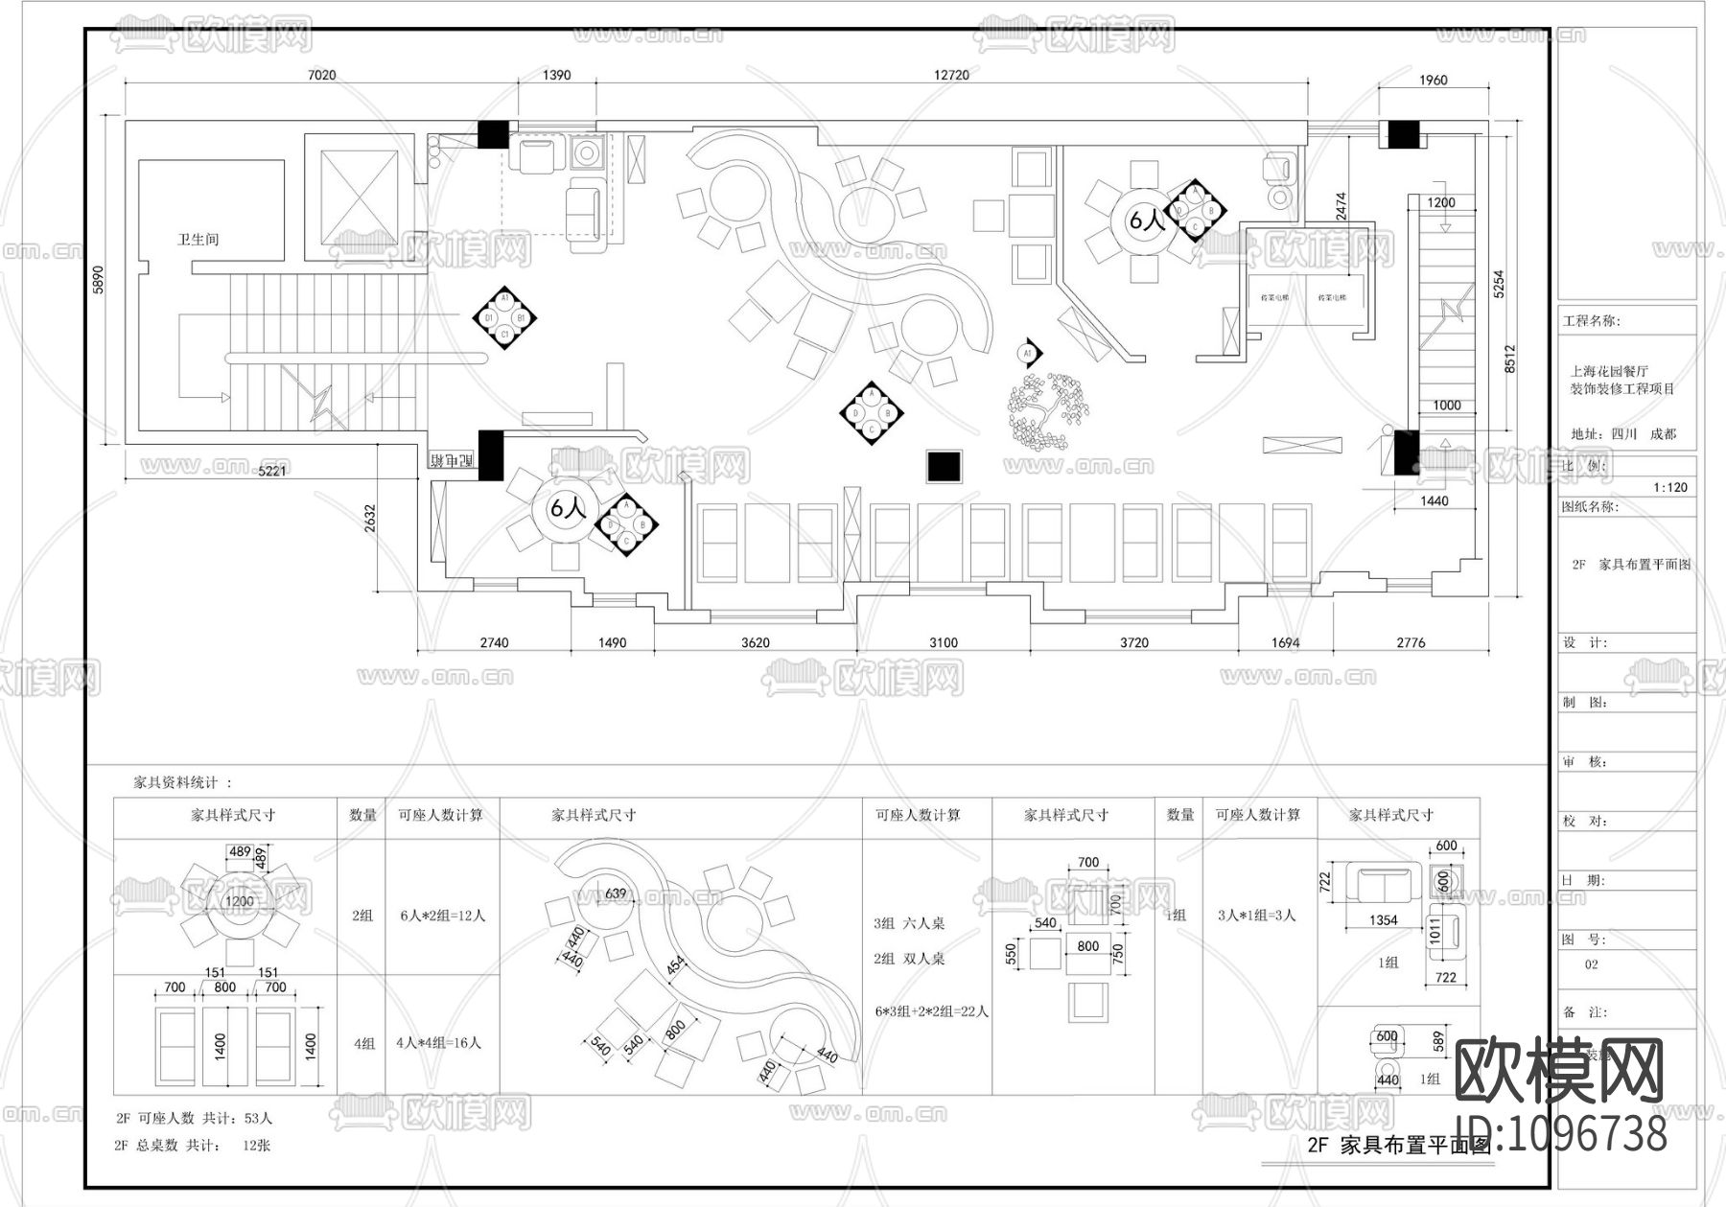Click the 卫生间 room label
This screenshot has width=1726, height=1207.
pyautogui.click(x=198, y=239)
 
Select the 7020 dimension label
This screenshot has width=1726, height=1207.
pyautogui.click(x=321, y=75)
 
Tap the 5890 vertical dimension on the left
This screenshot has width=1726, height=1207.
pyautogui.click(x=97, y=279)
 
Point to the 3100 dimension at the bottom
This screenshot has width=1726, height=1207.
pyautogui.click(x=943, y=642)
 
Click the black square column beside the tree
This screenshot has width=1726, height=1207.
pyautogui.click(x=944, y=466)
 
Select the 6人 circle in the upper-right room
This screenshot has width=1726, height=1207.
pyautogui.click(x=1146, y=221)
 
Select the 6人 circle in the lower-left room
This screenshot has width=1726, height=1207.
pyautogui.click(x=567, y=508)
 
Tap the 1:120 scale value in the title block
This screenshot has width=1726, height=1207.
pyautogui.click(x=1669, y=487)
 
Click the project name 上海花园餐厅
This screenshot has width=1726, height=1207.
pyautogui.click(x=1608, y=371)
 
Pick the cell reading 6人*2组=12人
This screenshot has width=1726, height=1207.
pyautogui.click(x=442, y=916)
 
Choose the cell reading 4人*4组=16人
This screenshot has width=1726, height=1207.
pyautogui.click(x=438, y=1042)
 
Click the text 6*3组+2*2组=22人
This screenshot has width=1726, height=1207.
pyautogui.click(x=931, y=1010)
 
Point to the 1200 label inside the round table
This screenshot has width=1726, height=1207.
pyautogui.click(x=239, y=901)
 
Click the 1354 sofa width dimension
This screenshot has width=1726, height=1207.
pyautogui.click(x=1383, y=920)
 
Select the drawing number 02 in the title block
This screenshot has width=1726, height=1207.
pyautogui.click(x=1591, y=964)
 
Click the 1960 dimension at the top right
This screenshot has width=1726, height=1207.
pyautogui.click(x=1433, y=81)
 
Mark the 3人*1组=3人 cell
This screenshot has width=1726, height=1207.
pyautogui.click(x=1256, y=916)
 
